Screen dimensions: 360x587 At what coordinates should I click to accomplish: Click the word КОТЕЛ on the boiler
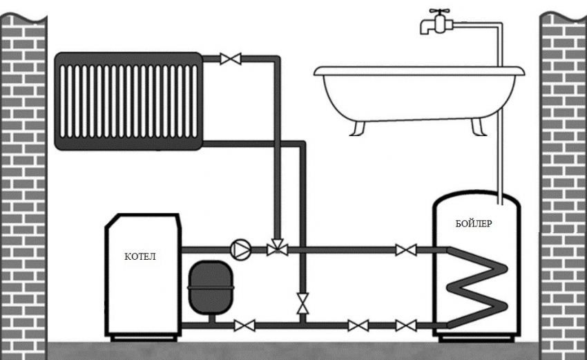140,256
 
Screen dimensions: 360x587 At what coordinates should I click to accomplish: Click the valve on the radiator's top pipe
229,59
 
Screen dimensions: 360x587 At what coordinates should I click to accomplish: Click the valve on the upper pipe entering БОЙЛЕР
403,249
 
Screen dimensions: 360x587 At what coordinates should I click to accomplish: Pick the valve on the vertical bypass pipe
302,302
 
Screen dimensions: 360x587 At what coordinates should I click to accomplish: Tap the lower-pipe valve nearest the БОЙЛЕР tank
403,324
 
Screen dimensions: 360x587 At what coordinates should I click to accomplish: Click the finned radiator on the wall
128,100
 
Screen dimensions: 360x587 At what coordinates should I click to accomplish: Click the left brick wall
23,180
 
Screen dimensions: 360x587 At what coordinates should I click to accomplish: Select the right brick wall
562,180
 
